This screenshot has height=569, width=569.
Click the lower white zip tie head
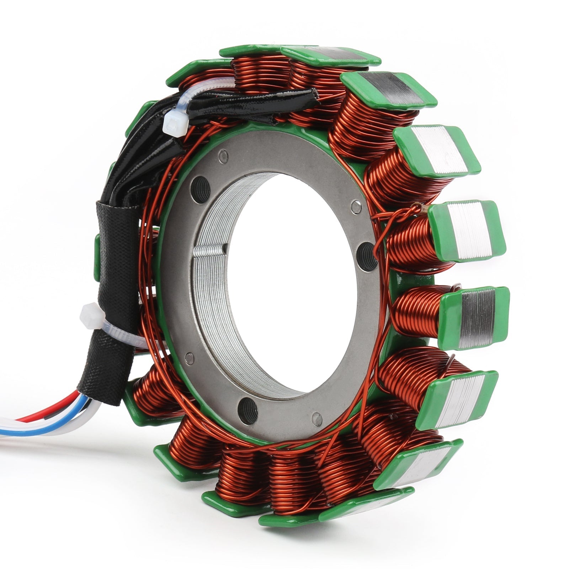[x=91, y=316]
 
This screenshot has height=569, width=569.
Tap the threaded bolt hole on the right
[x=366, y=256]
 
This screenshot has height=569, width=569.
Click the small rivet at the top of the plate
[x=223, y=156]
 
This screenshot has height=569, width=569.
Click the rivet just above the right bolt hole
[x=356, y=207]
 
